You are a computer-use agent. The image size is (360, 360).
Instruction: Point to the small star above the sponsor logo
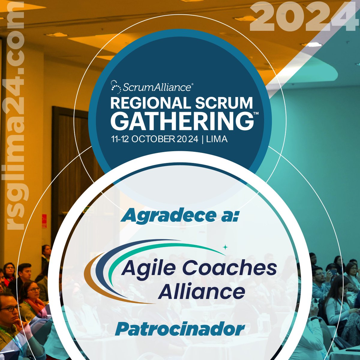point(225,247)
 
